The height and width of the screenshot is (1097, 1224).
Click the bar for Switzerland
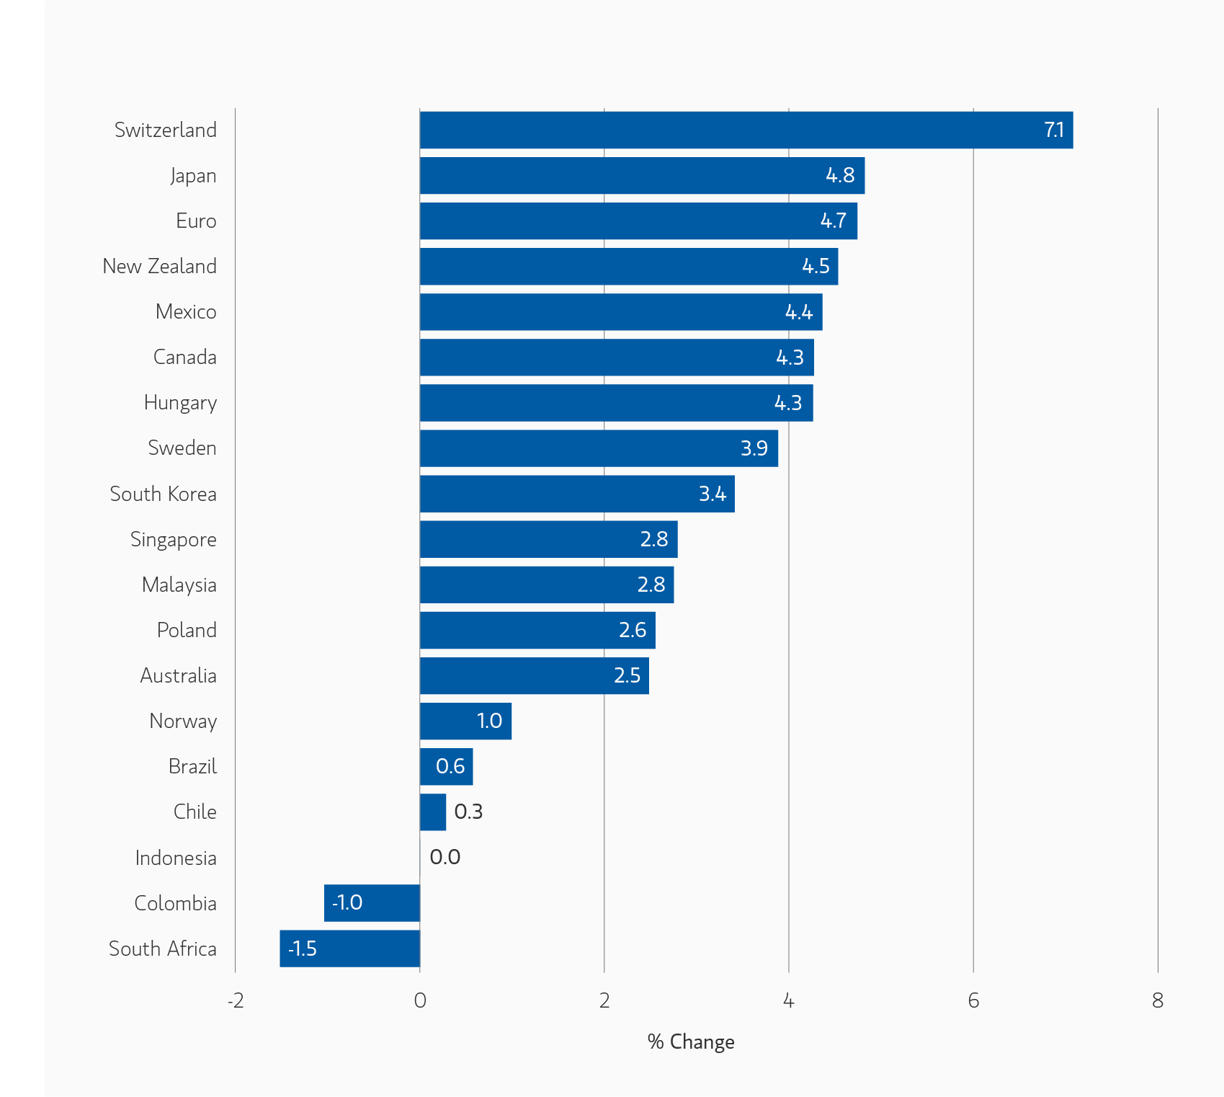pos(746,130)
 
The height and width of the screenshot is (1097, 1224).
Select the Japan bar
pos(641,176)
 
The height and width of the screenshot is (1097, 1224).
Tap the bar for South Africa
pos(349,949)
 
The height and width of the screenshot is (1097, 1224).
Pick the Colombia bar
pos(372,903)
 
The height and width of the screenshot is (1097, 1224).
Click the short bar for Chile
pos(433,812)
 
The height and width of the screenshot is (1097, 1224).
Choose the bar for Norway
pos(465,721)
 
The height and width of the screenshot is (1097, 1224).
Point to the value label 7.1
pos(1054,130)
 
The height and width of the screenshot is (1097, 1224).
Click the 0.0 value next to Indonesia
pos(445,857)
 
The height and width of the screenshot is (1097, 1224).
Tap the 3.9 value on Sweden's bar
pos(754,448)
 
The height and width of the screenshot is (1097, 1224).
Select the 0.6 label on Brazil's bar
pos(450,766)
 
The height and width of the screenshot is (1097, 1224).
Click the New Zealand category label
pos(159,267)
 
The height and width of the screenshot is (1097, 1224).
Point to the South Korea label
pos(163,494)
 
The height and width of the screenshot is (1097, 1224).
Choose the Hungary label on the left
pos(180,403)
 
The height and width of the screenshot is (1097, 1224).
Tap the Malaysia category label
pos(179,585)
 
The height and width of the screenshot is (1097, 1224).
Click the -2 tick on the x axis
pos(236,1000)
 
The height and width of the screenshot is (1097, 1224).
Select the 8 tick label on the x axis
pos(1158,1000)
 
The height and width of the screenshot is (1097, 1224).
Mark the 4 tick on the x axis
pos(789,1000)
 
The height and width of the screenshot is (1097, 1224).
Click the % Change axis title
pos(691,1042)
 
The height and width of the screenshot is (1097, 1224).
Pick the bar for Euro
pos(638,221)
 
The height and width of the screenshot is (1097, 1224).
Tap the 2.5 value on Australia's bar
pos(627,676)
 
